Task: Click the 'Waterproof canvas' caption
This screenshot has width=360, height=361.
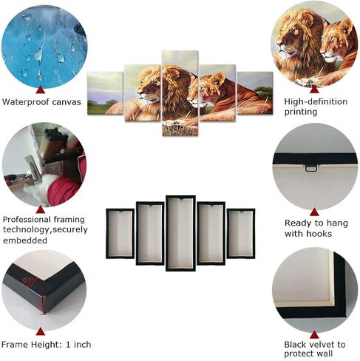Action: point(41,102)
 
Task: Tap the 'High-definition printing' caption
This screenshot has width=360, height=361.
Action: point(316,107)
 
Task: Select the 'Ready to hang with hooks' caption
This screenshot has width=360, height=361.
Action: point(316,228)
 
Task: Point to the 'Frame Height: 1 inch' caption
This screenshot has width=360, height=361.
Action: point(47,344)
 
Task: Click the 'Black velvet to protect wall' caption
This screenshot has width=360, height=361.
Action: point(315,349)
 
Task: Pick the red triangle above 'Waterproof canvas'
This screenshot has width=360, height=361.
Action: point(40,90)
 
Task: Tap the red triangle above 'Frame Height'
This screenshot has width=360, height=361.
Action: point(40,331)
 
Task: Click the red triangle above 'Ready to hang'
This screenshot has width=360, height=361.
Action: point(314,212)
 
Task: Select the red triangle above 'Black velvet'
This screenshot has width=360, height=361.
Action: point(314,334)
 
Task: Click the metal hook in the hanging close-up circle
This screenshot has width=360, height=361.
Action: point(311,168)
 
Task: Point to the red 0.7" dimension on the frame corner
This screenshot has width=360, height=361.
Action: point(28,280)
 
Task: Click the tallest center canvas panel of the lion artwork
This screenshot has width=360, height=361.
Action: point(180,93)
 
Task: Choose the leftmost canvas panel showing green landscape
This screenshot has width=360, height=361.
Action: point(105,93)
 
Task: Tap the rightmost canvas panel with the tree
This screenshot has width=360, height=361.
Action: point(255,93)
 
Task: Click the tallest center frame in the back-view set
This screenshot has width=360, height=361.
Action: point(180,233)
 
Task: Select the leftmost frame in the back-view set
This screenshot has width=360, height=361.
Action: point(120,234)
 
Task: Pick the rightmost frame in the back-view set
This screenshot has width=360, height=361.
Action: point(241,234)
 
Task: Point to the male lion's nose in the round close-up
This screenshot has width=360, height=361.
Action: point(279,45)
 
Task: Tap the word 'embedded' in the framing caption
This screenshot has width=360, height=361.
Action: point(25,240)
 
